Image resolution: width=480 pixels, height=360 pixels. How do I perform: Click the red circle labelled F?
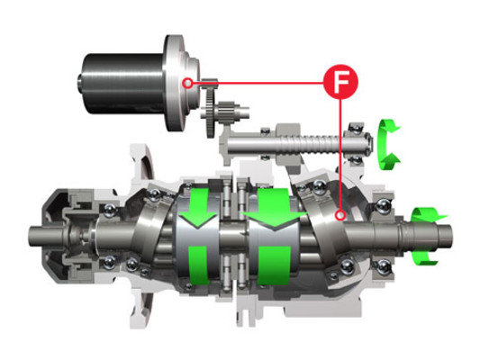point(340,82)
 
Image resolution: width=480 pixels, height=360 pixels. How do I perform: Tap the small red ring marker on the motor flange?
point(187,83)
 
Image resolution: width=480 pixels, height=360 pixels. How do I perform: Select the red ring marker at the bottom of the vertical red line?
point(340,215)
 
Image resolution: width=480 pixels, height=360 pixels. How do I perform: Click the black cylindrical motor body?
point(122,84)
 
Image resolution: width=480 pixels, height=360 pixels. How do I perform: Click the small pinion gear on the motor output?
point(209,83)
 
